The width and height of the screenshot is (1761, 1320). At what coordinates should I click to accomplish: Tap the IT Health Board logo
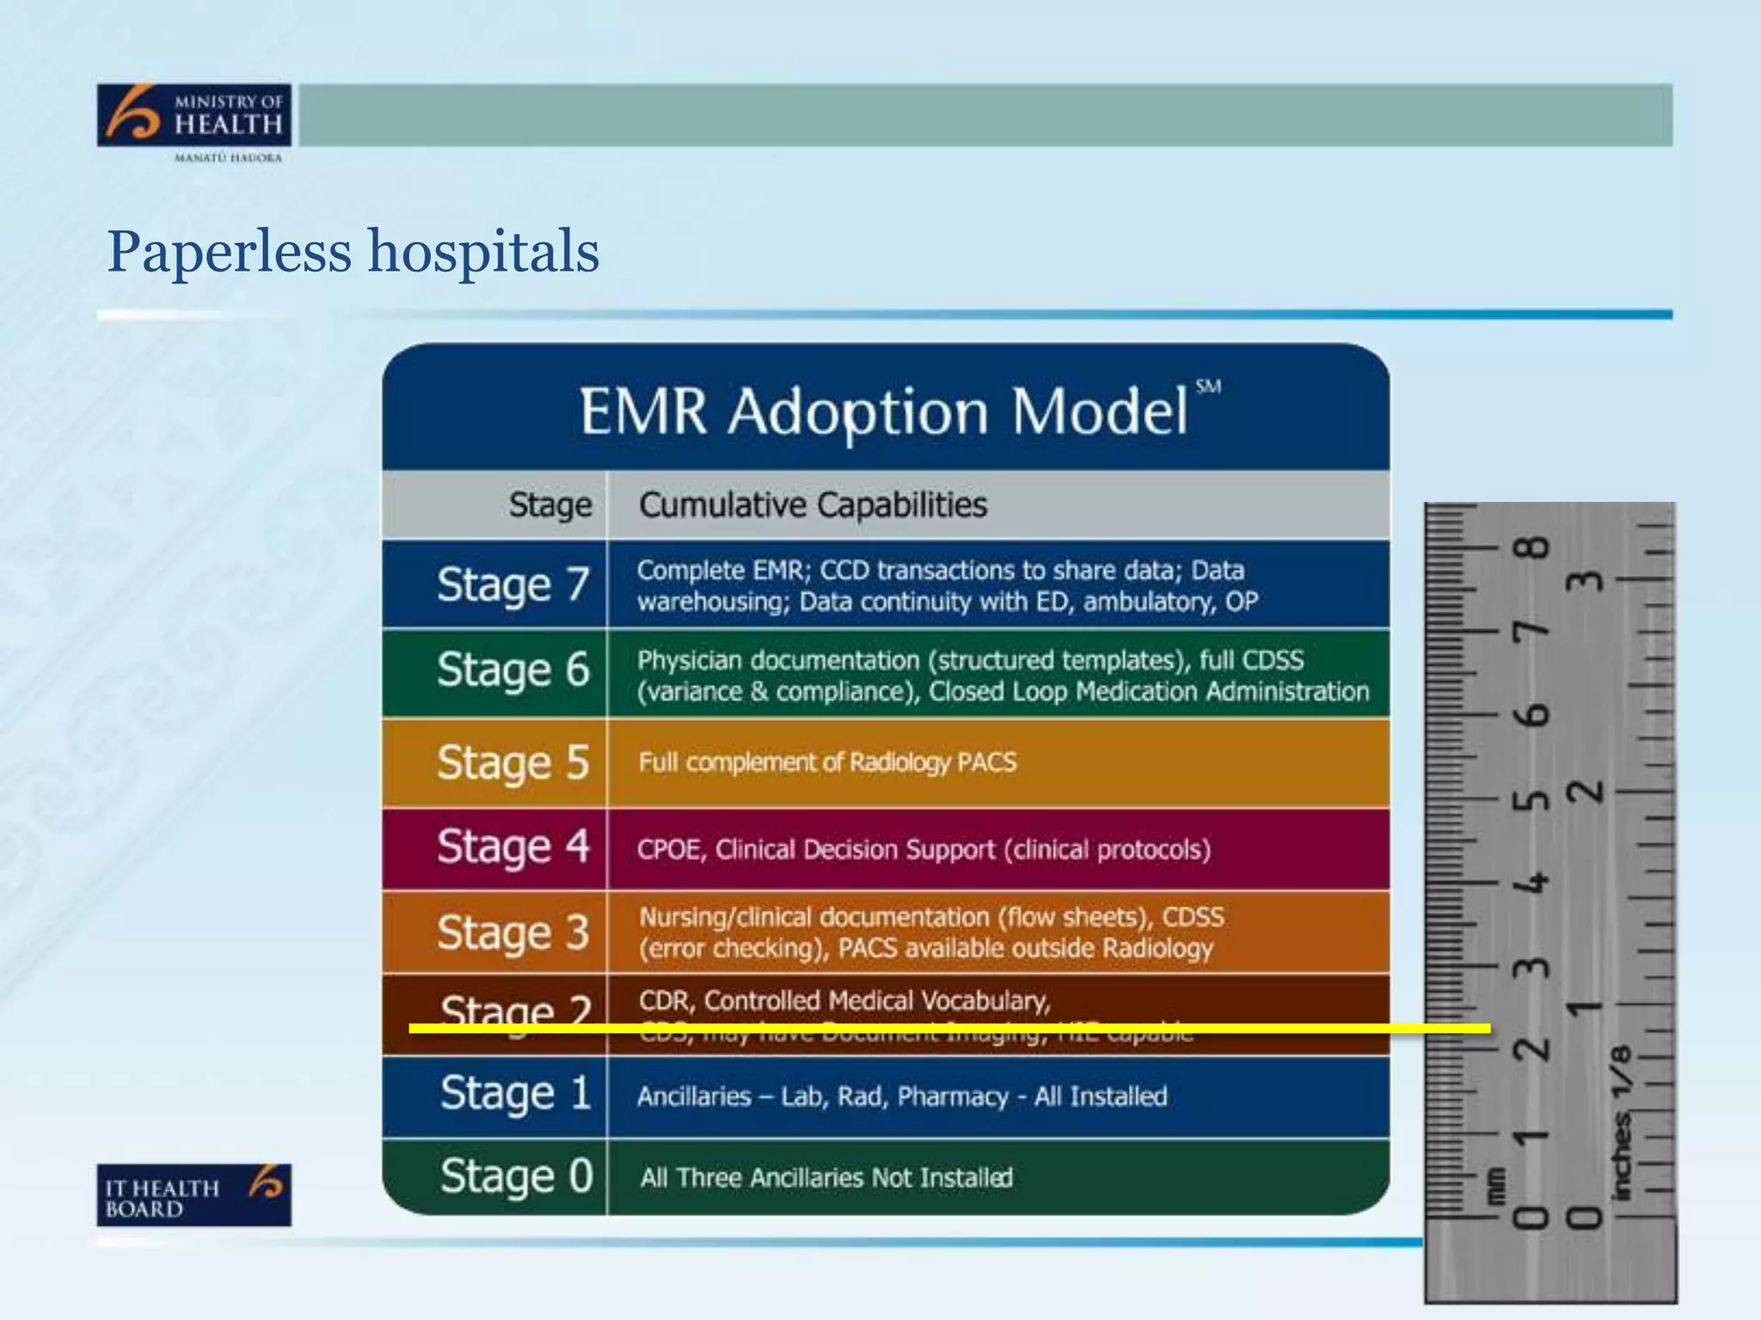pos(194,1195)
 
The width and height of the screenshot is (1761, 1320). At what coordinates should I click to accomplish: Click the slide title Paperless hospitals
pos(353,252)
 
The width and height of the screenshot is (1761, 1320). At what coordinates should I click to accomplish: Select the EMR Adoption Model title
pos(884,411)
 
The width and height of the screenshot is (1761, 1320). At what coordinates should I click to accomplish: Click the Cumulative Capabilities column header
pos(813,504)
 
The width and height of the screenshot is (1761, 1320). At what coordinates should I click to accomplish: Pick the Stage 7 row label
pos(513,584)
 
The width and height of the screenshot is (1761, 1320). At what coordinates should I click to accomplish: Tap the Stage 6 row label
pos(513,669)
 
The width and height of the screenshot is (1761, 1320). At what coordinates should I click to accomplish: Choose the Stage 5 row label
pos(513,762)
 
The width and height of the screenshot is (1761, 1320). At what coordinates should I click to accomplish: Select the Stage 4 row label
pos(513,846)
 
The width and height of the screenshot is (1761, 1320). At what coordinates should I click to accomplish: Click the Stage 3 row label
pos(513,932)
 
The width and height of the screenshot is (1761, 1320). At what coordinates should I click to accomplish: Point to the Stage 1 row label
pos(516,1094)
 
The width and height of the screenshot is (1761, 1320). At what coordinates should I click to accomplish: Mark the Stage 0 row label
pos(517,1176)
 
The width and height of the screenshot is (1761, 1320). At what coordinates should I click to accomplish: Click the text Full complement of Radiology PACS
pos(827,762)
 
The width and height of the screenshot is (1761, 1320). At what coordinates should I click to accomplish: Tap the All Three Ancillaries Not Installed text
pos(825,1177)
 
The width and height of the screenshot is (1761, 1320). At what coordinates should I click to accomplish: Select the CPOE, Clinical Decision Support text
pos(923,850)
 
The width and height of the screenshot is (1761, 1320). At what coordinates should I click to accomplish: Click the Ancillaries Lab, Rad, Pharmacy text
pos(902,1097)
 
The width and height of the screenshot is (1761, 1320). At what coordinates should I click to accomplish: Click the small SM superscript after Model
pos(1208,387)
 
